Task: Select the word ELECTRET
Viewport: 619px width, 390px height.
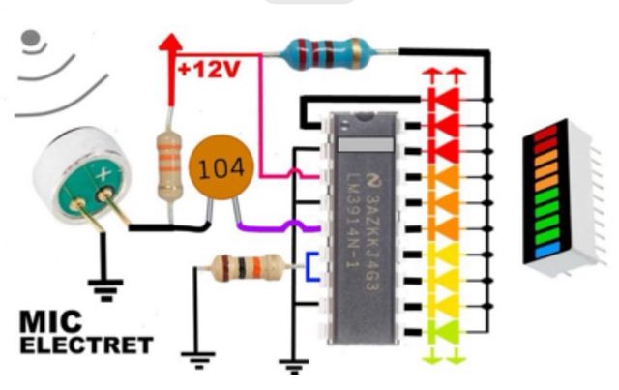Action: point(86,345)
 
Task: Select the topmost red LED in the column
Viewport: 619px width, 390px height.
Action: point(445,99)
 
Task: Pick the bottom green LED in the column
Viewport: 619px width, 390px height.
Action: point(444,332)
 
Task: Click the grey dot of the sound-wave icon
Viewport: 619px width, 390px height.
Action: point(31,40)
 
